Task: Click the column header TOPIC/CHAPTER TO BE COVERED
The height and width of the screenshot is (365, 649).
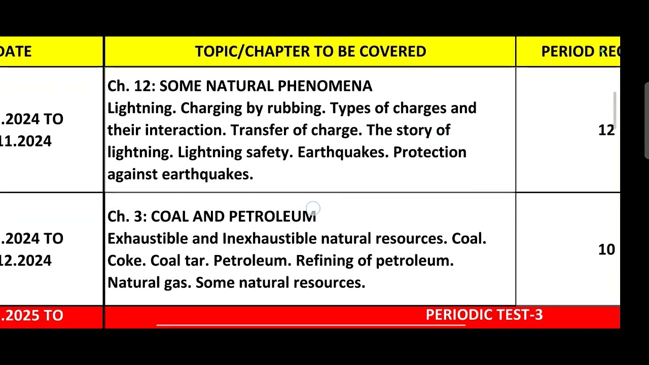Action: tap(310, 51)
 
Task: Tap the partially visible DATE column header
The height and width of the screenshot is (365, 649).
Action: tap(16, 51)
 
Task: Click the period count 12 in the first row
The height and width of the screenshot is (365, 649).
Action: tap(606, 130)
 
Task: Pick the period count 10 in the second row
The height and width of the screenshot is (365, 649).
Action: tap(606, 249)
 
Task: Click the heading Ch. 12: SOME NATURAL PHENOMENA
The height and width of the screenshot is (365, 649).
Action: tap(240, 86)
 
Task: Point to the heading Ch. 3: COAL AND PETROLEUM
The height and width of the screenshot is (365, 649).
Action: tap(211, 216)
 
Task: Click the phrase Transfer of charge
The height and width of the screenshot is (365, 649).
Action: tap(296, 130)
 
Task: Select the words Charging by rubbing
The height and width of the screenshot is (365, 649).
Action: tap(253, 108)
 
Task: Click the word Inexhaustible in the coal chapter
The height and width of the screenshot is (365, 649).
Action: tap(269, 238)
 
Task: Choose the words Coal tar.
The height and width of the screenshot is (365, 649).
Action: tap(179, 261)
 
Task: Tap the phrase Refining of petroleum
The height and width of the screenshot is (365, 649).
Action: tap(374, 261)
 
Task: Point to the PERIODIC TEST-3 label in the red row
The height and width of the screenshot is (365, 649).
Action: tap(484, 315)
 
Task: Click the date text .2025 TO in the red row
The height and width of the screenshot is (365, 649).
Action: tap(32, 315)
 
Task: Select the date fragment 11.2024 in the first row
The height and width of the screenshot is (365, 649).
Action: tap(26, 141)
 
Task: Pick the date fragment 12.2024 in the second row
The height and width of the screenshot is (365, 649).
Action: tap(26, 261)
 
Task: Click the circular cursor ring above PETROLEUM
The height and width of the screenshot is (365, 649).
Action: tap(313, 207)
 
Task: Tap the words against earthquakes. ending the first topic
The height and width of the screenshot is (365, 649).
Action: tap(180, 174)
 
